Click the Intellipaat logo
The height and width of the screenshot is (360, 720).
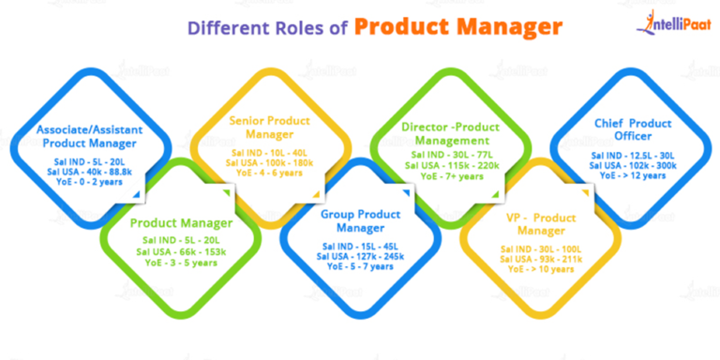(x=670, y=22)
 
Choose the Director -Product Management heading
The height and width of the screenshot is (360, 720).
(x=452, y=133)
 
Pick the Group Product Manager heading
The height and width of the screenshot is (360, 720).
(x=360, y=221)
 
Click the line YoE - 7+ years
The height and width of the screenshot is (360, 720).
(x=452, y=175)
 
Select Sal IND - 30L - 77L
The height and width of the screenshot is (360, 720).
(x=452, y=155)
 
